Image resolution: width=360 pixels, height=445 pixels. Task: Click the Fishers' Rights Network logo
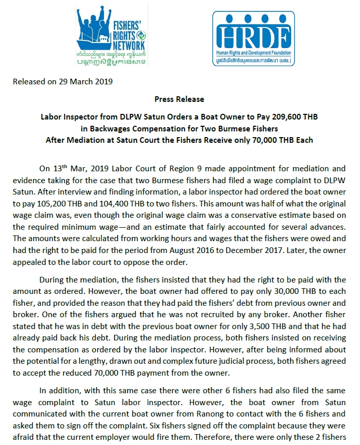click(111, 36)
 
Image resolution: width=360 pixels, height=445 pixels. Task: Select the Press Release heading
click(179, 99)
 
